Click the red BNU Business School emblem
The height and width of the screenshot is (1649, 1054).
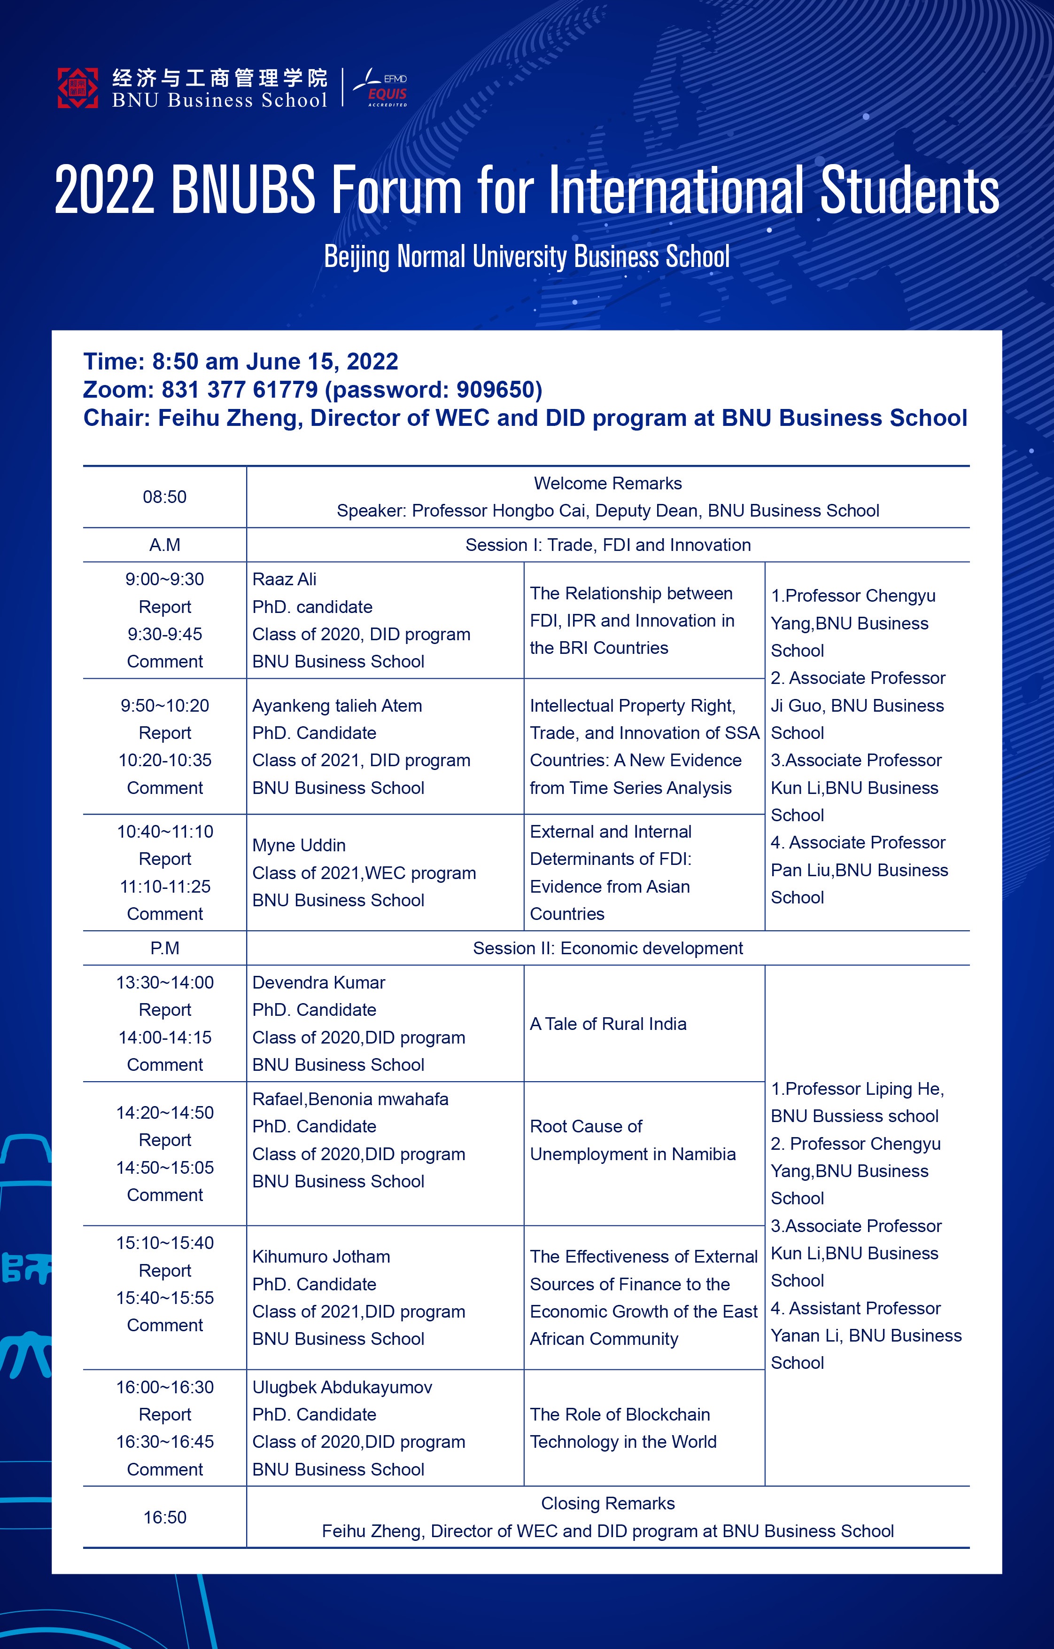tap(77, 87)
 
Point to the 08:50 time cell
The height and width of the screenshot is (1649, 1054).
tap(164, 497)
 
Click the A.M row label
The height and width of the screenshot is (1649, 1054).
tap(164, 545)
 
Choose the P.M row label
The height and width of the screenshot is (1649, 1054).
tap(164, 949)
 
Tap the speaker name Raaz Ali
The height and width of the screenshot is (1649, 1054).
tap(284, 579)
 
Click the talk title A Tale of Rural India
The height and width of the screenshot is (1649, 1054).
tap(608, 1024)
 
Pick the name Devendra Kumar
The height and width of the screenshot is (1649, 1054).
tap(318, 983)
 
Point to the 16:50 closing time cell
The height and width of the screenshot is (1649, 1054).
tap(164, 1517)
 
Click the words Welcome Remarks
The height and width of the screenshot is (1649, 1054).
tap(608, 484)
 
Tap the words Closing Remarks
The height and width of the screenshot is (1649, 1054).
tap(608, 1503)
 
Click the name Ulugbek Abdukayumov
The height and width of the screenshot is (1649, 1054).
tap(342, 1387)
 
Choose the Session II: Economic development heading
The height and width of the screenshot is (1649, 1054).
tap(608, 949)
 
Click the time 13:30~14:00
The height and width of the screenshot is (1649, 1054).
tap(164, 983)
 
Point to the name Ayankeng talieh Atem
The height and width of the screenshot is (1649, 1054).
tap(337, 706)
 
